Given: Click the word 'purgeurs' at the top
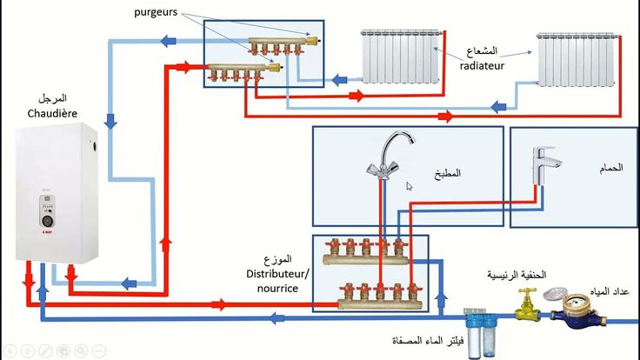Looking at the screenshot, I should click(x=156, y=12).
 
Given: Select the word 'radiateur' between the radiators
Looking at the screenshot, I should click(x=482, y=65).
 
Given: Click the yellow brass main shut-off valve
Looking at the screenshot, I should click(x=526, y=304).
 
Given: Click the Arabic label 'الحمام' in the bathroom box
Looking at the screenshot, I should click(x=611, y=168).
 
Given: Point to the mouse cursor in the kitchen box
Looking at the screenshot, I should click(x=410, y=185).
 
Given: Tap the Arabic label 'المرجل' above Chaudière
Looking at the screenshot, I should click(x=53, y=98).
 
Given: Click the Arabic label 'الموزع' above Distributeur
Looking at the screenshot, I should click(x=278, y=260).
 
